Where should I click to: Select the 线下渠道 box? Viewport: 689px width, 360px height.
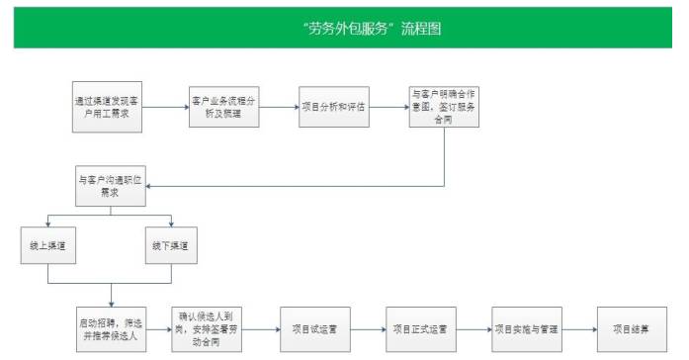[171, 243]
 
